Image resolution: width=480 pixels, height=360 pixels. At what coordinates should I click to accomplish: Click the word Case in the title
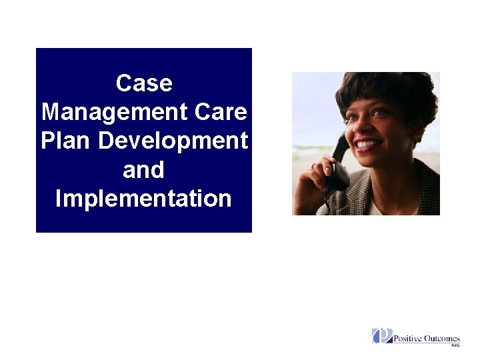point(143,83)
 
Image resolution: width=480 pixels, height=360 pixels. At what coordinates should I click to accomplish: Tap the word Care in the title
point(221,112)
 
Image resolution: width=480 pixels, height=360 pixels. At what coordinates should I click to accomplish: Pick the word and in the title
point(143,170)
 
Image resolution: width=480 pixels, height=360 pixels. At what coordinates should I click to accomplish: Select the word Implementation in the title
point(143,199)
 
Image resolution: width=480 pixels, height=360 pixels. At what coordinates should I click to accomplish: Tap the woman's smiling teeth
point(368,143)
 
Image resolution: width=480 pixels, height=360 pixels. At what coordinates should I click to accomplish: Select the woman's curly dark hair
point(387,90)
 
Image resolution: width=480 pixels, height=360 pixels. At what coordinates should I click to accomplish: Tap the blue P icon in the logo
point(381,336)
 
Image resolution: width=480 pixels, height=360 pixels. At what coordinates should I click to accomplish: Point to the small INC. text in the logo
point(455,345)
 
